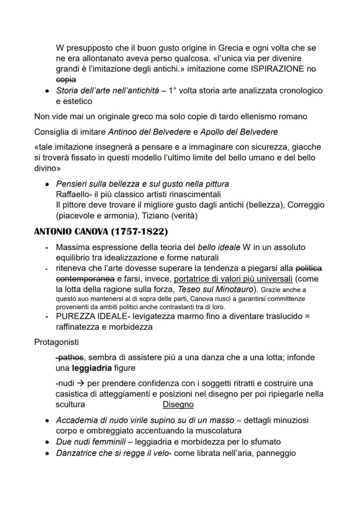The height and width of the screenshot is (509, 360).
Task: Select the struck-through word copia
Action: coord(66,80)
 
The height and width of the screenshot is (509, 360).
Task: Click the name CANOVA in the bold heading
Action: coord(87,231)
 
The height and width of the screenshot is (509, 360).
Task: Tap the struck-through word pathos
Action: coord(70,357)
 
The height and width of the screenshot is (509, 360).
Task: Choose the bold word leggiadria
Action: coord(94,368)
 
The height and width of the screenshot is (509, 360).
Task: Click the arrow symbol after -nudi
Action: coord(80,383)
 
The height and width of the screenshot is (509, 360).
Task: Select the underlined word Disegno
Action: coord(178,405)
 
